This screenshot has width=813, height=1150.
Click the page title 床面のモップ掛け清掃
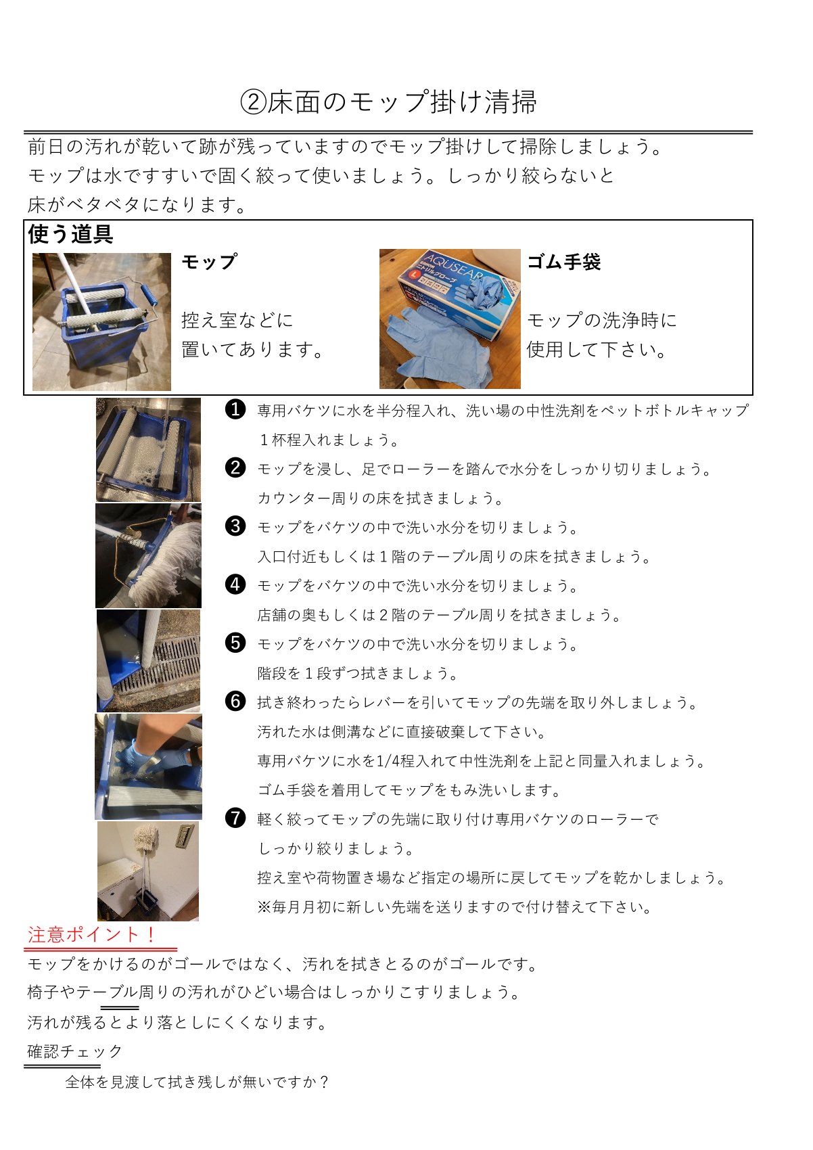402,101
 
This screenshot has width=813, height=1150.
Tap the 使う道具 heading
70,234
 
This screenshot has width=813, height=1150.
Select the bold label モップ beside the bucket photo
210,262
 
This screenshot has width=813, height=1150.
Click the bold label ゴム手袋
563,262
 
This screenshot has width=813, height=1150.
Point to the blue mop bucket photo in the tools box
101,321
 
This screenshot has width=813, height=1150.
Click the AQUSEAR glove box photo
450,319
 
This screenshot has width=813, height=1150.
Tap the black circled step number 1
235,409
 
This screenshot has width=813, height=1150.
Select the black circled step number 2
235,467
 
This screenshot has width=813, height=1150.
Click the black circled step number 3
235,526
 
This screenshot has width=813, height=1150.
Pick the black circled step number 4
235,584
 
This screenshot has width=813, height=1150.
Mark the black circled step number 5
235,643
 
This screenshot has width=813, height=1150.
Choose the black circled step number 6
235,701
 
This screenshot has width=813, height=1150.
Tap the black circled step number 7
235,818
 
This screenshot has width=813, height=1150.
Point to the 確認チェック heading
75,1051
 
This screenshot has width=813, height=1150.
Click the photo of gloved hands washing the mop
148,766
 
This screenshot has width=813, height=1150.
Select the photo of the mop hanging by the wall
148,871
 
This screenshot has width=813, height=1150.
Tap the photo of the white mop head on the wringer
148,555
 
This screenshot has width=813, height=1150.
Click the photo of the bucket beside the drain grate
148,661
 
